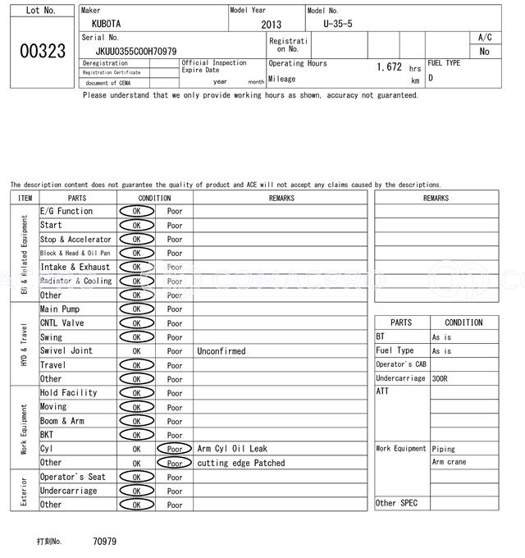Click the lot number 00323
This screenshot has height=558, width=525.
coord(42,52)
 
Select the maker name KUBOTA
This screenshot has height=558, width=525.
coord(106,24)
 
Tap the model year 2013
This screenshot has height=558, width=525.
coord(271,25)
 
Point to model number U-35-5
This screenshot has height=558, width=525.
coord(338,24)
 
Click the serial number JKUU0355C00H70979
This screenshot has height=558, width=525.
coord(136,51)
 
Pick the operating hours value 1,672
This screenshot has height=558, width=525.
coord(389,66)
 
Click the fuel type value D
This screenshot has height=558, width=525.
coord(431,78)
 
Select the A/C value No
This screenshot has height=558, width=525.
coord(484,51)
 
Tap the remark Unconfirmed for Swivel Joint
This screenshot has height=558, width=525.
coord(221,351)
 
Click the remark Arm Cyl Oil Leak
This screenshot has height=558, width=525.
coord(233,449)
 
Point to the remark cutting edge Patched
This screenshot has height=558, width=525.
coord(241,463)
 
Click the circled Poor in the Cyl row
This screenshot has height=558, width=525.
coord(174,449)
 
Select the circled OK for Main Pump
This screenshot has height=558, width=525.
coord(136,309)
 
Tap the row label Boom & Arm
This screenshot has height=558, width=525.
coord(62,421)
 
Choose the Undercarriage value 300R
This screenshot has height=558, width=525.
coord(441,378)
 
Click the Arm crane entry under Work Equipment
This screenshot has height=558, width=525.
coord(448,462)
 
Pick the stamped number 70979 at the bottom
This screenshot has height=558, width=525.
coord(104,542)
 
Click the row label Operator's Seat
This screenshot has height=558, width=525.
coord(73,477)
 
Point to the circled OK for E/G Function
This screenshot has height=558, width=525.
coord(136,211)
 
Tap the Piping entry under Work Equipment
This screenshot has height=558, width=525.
coord(444,449)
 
